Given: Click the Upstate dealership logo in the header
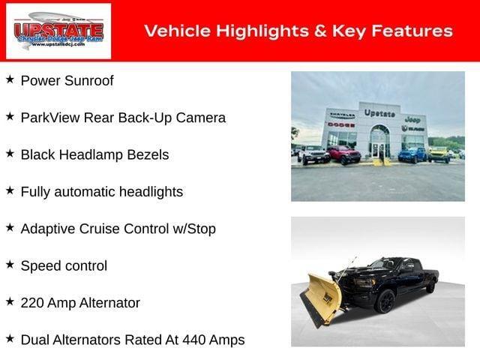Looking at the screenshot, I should pyautogui.click(x=58, y=31).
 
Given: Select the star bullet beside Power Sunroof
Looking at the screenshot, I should pyautogui.click(x=10, y=79).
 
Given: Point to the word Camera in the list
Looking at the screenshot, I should pyautogui.click(x=200, y=118).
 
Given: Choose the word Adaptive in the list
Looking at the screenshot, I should pyautogui.click(x=47, y=229).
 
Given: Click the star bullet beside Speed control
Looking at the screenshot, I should pyautogui.click(x=10, y=265).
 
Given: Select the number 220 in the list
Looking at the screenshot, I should pyautogui.click(x=33, y=303).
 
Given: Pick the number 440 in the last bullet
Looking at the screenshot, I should pyautogui.click(x=188, y=340).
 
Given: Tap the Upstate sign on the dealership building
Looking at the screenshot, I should pyautogui.click(x=379, y=113).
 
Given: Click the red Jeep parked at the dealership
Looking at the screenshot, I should pyautogui.click(x=343, y=155).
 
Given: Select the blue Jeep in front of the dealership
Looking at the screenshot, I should pyautogui.click(x=412, y=155).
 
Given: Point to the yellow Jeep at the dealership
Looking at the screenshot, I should pyautogui.click(x=439, y=154).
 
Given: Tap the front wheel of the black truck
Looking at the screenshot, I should pyautogui.click(x=385, y=301).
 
